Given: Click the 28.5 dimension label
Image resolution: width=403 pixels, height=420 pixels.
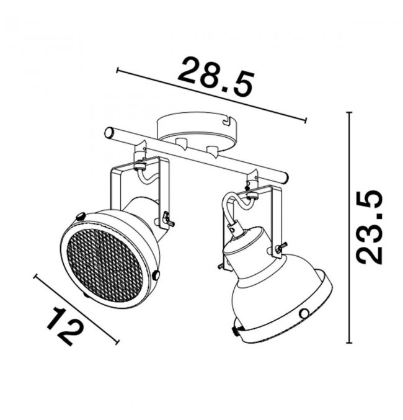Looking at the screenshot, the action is (216, 76).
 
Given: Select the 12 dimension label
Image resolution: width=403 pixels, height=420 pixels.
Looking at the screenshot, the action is (64, 326).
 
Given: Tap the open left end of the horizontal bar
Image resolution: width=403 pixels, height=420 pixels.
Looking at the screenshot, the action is (108, 133).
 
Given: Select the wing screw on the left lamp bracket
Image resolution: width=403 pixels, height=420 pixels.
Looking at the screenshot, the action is (168, 218).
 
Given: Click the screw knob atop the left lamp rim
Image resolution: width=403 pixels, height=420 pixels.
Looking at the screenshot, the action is (81, 216).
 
